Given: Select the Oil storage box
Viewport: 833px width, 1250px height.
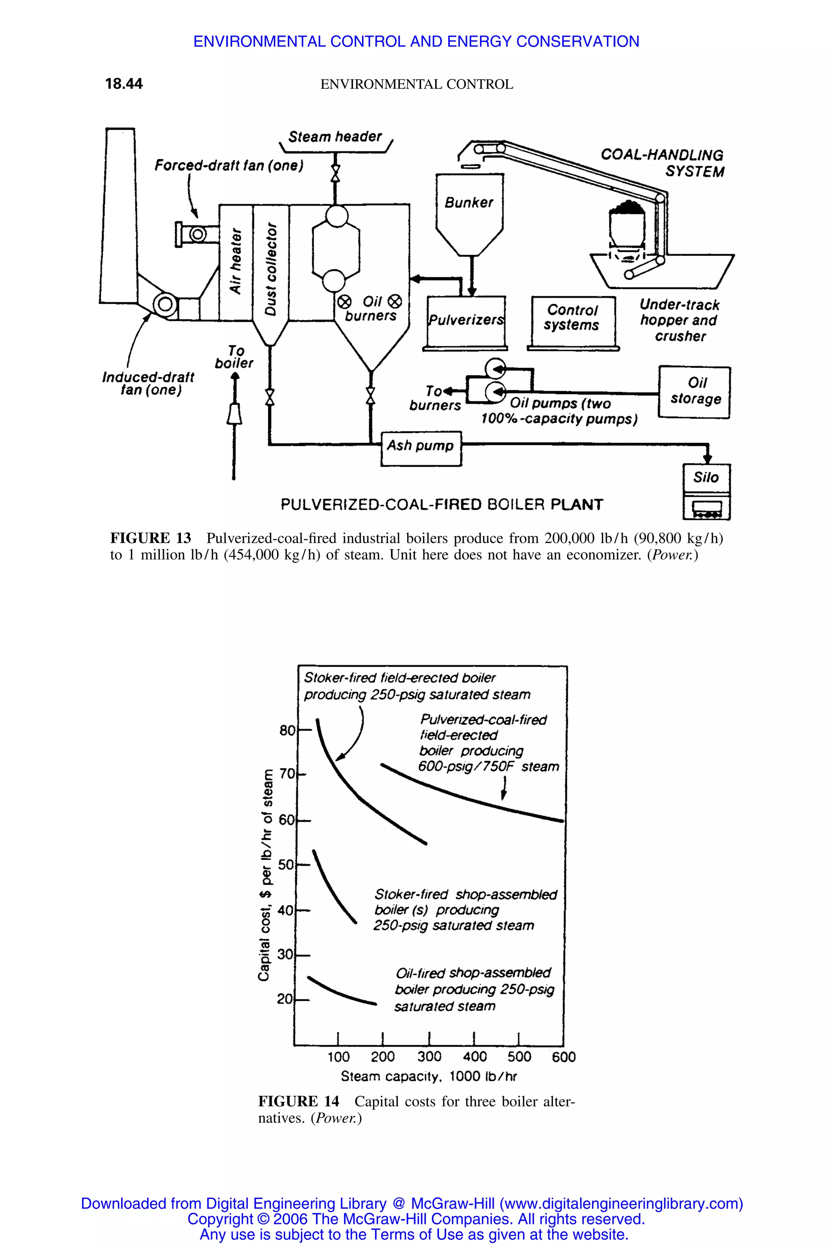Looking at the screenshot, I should (x=694, y=392).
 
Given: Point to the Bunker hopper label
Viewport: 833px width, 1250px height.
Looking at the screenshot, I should (x=469, y=203).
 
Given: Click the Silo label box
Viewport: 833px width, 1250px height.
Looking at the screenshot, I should (x=706, y=478).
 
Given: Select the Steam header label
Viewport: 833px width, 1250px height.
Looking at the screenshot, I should (x=335, y=137).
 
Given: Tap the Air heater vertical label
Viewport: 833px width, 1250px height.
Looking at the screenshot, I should (x=236, y=261).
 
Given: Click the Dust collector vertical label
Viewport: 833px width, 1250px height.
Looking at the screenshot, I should (x=271, y=269).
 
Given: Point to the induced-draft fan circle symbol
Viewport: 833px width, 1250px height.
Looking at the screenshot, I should (x=165, y=304).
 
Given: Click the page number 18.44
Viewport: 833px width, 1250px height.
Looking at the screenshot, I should (x=124, y=84).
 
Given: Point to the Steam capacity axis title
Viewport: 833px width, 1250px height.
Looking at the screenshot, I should (x=428, y=1076).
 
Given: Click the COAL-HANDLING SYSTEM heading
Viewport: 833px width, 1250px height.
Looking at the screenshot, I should (x=663, y=163).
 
